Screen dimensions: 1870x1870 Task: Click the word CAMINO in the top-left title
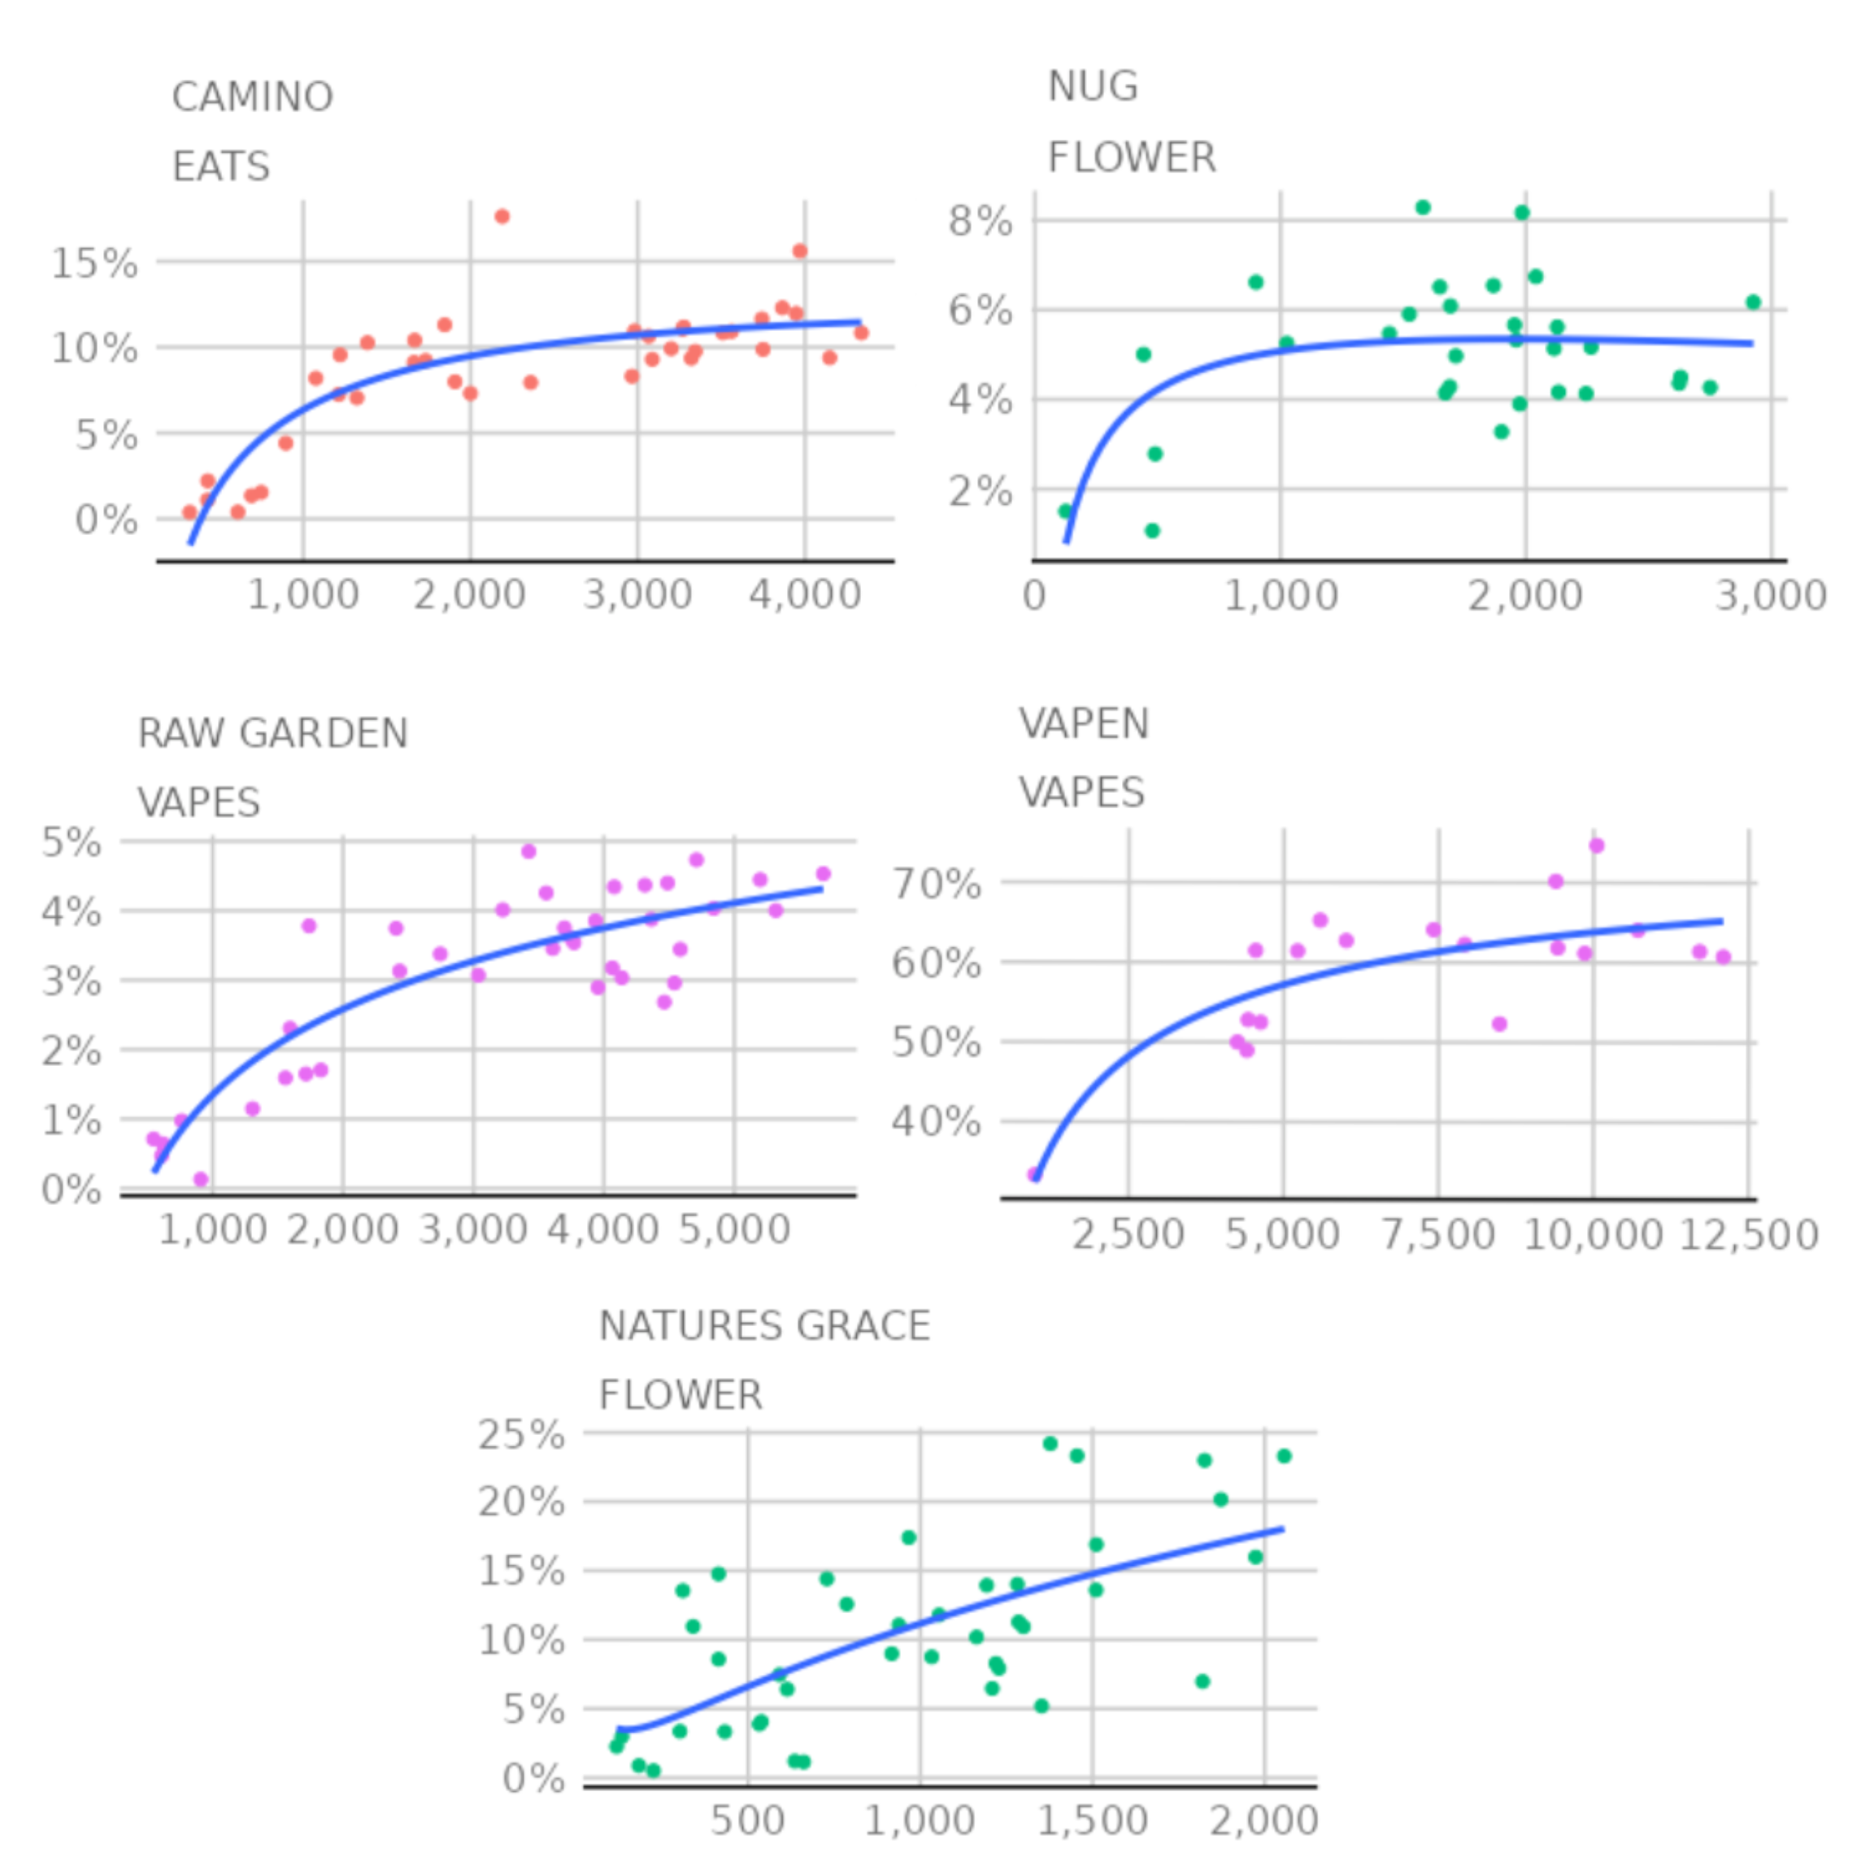[252, 97]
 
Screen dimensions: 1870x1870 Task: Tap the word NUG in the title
[1092, 87]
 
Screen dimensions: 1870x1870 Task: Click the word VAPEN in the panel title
[1083, 724]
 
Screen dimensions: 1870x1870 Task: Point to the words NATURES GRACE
[763, 1326]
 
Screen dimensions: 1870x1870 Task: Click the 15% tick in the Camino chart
[93, 263]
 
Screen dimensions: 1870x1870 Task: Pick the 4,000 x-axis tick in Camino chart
[804, 594]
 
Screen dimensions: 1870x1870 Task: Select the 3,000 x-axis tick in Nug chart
[1770, 594]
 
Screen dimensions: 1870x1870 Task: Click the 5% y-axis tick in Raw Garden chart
[71, 843]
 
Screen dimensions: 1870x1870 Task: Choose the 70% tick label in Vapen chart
[935, 884]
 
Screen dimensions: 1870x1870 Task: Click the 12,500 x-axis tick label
[1748, 1235]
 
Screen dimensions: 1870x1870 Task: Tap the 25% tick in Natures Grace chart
[520, 1434]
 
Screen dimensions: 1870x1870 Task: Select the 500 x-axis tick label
[747, 1820]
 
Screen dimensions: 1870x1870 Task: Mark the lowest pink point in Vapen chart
[1033, 1175]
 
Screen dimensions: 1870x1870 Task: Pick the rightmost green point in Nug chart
[1753, 302]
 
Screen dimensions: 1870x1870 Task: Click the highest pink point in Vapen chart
[1596, 846]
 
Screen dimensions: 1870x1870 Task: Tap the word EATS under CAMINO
[220, 167]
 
